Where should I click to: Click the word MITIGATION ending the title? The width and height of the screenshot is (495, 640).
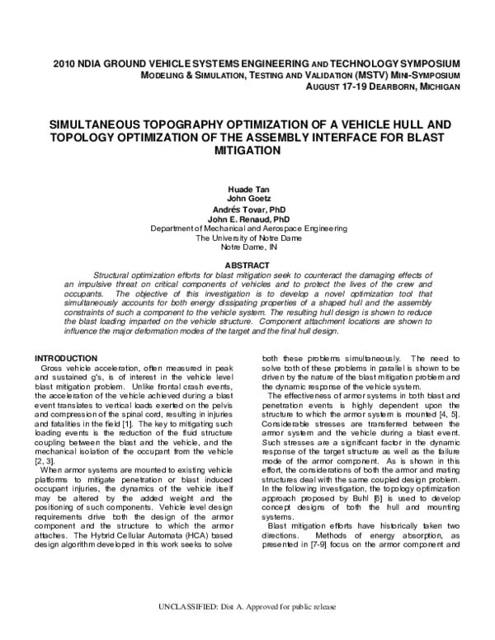click(x=247, y=152)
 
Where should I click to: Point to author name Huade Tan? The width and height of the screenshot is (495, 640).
click(x=247, y=189)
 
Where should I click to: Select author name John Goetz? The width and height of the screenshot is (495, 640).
click(x=247, y=199)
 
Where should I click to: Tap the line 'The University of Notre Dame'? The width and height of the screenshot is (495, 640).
click(x=247, y=238)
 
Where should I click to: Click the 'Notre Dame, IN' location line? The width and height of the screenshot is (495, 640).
click(x=247, y=248)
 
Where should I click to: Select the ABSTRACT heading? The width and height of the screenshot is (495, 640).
click(x=247, y=266)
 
